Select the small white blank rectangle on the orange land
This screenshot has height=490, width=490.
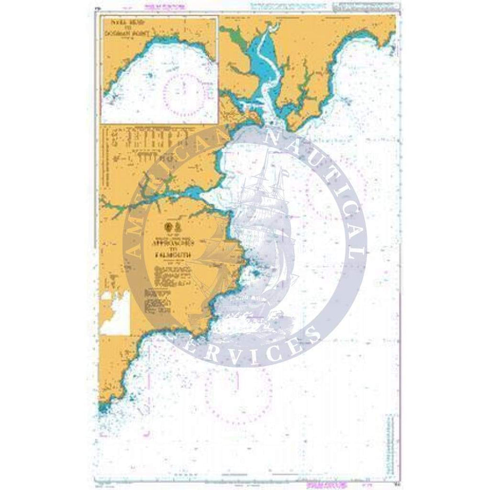tap(115, 312)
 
